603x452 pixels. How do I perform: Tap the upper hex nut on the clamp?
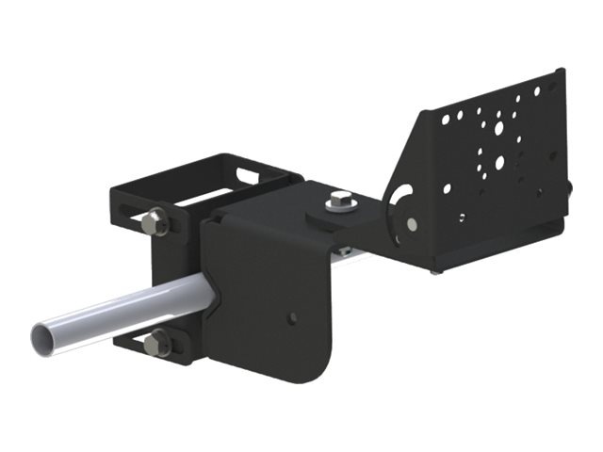(x=156, y=223)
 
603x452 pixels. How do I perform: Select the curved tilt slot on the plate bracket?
(x=399, y=199)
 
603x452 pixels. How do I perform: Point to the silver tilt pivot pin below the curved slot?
(x=412, y=224)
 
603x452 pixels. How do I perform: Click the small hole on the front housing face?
(x=294, y=316)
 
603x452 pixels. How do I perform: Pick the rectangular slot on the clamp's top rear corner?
(x=247, y=173)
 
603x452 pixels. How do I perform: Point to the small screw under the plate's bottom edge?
(x=434, y=270)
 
